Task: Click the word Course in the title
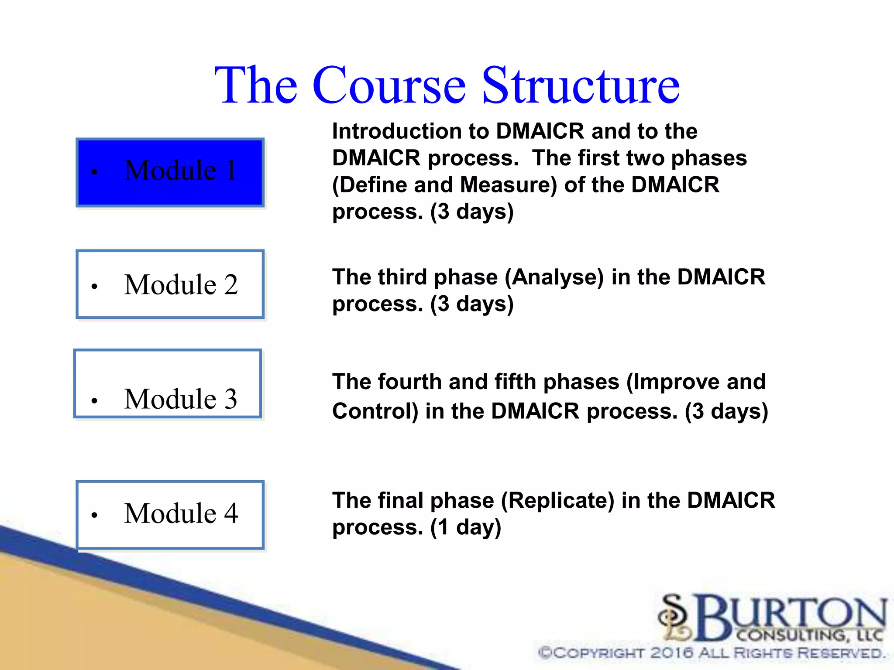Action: point(389,85)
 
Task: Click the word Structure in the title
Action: point(581,85)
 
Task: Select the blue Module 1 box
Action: point(170,173)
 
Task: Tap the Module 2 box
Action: point(170,284)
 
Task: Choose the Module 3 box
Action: point(168,384)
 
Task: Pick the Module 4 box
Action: point(170,515)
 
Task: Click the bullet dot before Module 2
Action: point(94,287)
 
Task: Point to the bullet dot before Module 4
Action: point(94,515)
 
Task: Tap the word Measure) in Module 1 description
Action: point(509,185)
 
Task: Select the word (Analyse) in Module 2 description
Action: point(554,277)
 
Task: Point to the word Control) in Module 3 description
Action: point(375,411)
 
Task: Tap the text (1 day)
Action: point(466,527)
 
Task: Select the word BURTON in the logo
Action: point(790,615)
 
